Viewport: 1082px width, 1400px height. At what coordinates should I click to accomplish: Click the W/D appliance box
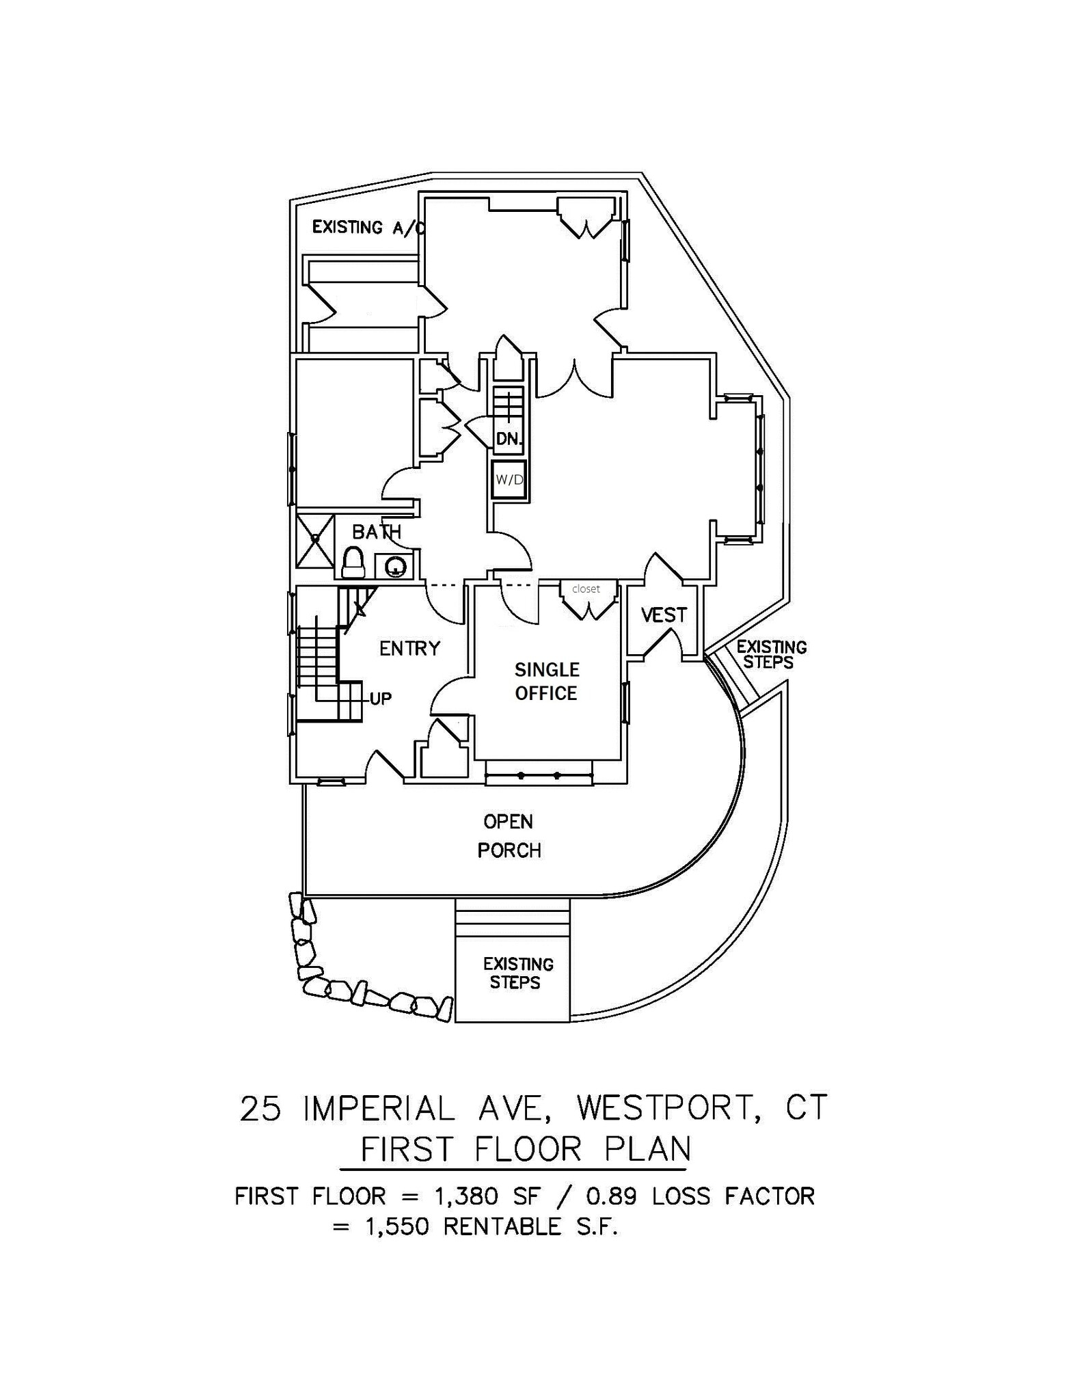[509, 480]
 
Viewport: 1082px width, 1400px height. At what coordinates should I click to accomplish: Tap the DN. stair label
[509, 439]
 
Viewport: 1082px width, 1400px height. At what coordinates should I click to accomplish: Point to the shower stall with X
[315, 540]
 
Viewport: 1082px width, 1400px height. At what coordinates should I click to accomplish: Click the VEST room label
[663, 615]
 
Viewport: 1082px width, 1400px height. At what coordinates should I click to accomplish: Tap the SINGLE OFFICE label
[546, 681]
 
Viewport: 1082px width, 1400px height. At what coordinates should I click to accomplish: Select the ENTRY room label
[409, 648]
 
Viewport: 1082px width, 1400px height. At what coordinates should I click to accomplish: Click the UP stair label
[381, 699]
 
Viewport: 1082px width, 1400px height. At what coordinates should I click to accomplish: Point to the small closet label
[586, 589]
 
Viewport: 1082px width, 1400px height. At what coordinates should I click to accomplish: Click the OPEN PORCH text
[509, 835]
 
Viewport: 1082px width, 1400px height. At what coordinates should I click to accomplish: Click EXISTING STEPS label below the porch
[517, 973]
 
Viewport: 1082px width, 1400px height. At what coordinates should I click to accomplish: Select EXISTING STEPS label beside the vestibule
[770, 654]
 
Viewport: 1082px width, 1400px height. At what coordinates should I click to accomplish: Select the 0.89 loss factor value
[610, 1196]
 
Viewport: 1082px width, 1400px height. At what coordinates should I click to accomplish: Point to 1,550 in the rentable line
[397, 1227]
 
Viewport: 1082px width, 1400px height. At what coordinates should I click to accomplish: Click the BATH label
[376, 532]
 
